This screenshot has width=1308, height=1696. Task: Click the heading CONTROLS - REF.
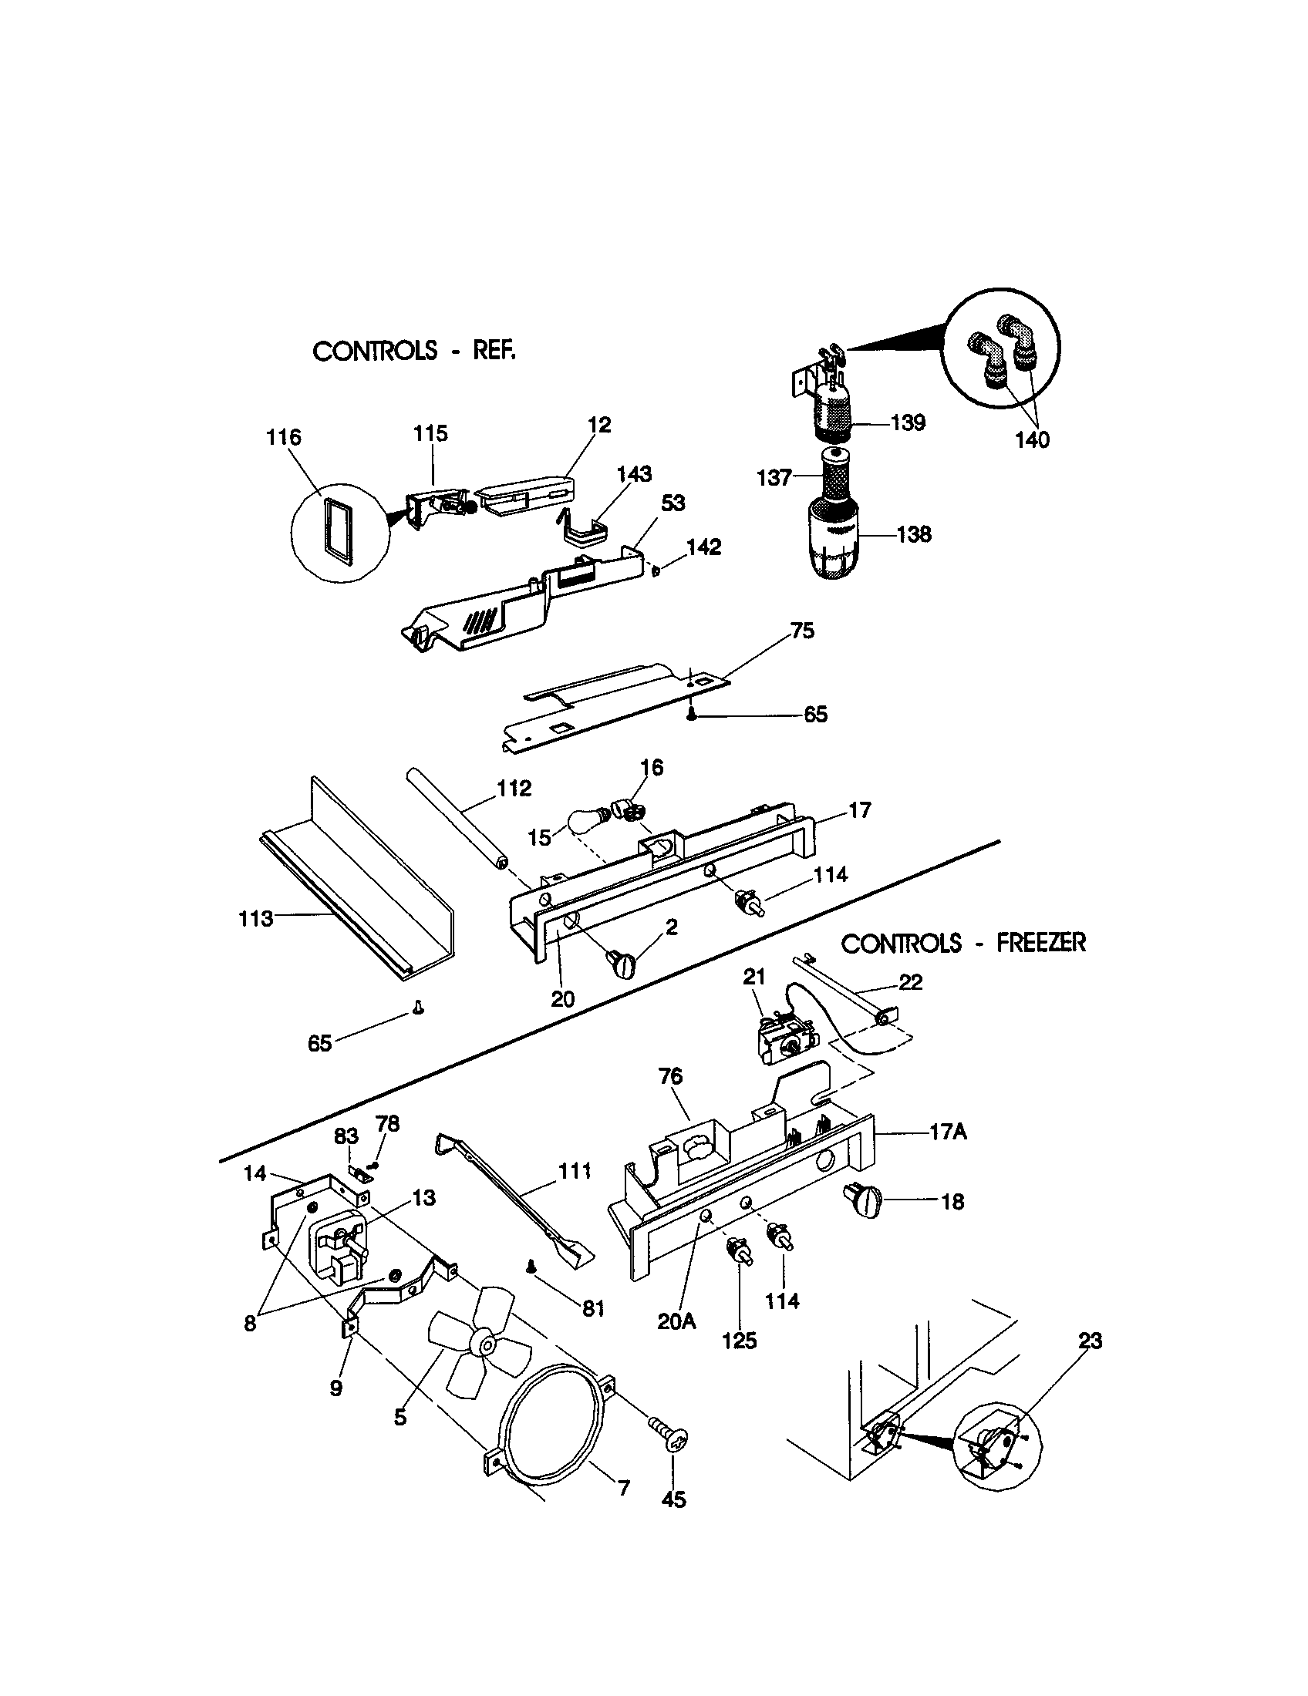414,352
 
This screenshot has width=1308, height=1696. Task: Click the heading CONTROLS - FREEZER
963,944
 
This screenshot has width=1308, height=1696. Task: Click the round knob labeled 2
621,965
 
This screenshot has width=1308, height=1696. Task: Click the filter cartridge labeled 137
833,476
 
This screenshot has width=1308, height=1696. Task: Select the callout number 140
1032,440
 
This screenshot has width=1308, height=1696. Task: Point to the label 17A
948,1132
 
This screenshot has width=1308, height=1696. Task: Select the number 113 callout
255,920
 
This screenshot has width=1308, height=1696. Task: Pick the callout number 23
1090,1342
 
